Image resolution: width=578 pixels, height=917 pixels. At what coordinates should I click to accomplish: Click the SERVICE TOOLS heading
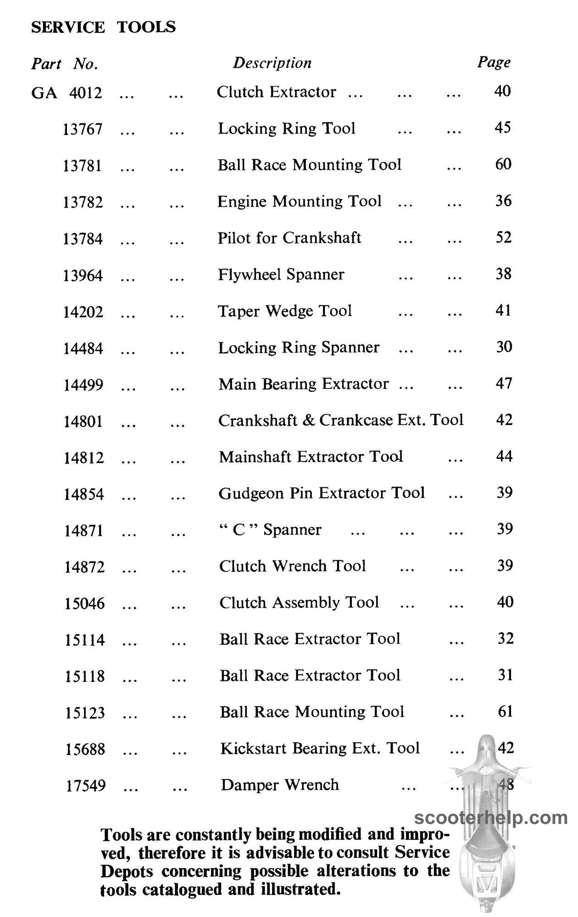pos(103,27)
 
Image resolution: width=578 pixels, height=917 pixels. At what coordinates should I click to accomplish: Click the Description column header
pos(272,63)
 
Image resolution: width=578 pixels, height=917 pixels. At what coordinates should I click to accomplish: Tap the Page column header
pos(494,62)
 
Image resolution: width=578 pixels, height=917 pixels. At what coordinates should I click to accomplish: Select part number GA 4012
pos(67,93)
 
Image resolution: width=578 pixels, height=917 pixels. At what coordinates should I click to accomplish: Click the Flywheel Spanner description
pos(281,274)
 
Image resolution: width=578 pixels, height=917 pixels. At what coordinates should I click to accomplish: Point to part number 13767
pos(83,129)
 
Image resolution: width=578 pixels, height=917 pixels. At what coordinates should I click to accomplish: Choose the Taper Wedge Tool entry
pos(285,311)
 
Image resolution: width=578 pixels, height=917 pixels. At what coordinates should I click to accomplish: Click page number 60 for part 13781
pos(503,164)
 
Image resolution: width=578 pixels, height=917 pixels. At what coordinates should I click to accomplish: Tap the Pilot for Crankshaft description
pos(289,238)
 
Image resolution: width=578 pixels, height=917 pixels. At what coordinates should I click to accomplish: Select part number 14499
pos(83,385)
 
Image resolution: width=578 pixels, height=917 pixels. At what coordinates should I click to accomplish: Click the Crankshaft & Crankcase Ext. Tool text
pos(341,420)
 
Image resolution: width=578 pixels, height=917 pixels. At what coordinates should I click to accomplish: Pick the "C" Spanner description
pos(270,530)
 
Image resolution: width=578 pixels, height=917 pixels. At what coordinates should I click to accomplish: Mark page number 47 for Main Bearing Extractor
pos(504,383)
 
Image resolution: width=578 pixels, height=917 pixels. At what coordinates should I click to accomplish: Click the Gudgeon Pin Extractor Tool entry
pos(322,493)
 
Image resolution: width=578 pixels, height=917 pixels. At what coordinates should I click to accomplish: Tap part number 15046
pos(84,603)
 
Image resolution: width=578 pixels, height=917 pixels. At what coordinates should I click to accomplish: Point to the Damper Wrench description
pos(280,784)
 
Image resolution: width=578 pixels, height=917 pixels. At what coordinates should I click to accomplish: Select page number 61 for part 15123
pos(505,711)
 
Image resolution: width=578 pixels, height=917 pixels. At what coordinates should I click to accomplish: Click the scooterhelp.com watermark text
pos(491,818)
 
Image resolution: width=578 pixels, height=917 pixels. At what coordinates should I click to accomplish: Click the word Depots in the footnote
pos(127,871)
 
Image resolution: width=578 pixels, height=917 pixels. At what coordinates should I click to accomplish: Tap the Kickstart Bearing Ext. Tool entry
pos(320,748)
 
